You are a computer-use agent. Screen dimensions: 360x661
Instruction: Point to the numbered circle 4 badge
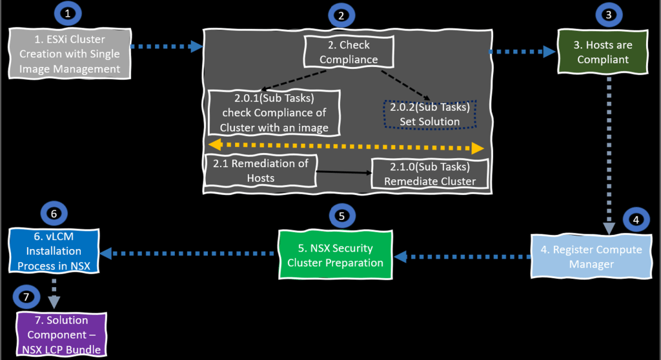pos(636,219)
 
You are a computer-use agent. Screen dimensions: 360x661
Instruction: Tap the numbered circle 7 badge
pos(25,297)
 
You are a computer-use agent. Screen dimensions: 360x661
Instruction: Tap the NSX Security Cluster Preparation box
pos(335,255)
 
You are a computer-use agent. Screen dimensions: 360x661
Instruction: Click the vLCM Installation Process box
pos(54,250)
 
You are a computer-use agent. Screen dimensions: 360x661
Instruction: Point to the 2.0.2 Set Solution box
pos(429,114)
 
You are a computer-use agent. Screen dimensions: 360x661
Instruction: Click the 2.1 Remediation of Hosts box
pos(260,170)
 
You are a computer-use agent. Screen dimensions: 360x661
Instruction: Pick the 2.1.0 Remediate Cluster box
pos(429,174)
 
